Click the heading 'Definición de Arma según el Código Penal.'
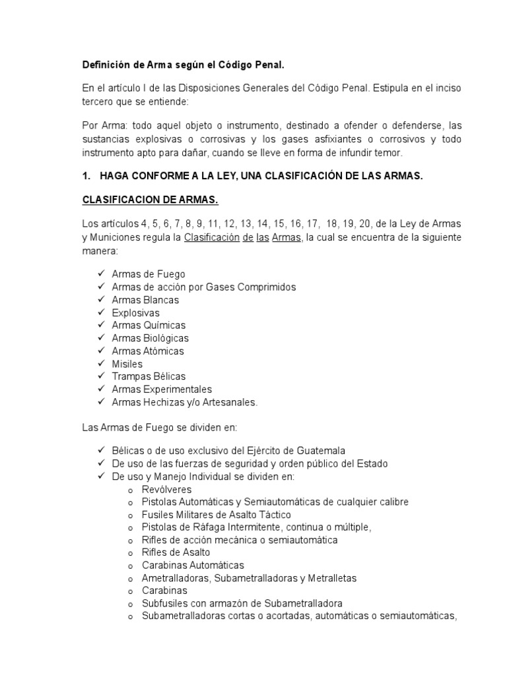click(x=183, y=65)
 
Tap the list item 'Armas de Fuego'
click(x=149, y=274)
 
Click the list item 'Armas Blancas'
click(x=145, y=300)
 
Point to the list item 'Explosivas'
click(x=136, y=312)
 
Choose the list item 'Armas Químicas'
click(x=149, y=325)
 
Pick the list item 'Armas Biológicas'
click(x=150, y=338)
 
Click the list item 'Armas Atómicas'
click(x=148, y=351)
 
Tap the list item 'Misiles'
click(x=127, y=364)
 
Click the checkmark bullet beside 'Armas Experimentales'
click(x=101, y=389)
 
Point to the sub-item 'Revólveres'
click(x=167, y=490)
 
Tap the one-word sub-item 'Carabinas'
click(x=164, y=591)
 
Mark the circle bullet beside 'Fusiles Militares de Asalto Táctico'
click(x=132, y=515)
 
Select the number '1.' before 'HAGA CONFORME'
click(x=86, y=177)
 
